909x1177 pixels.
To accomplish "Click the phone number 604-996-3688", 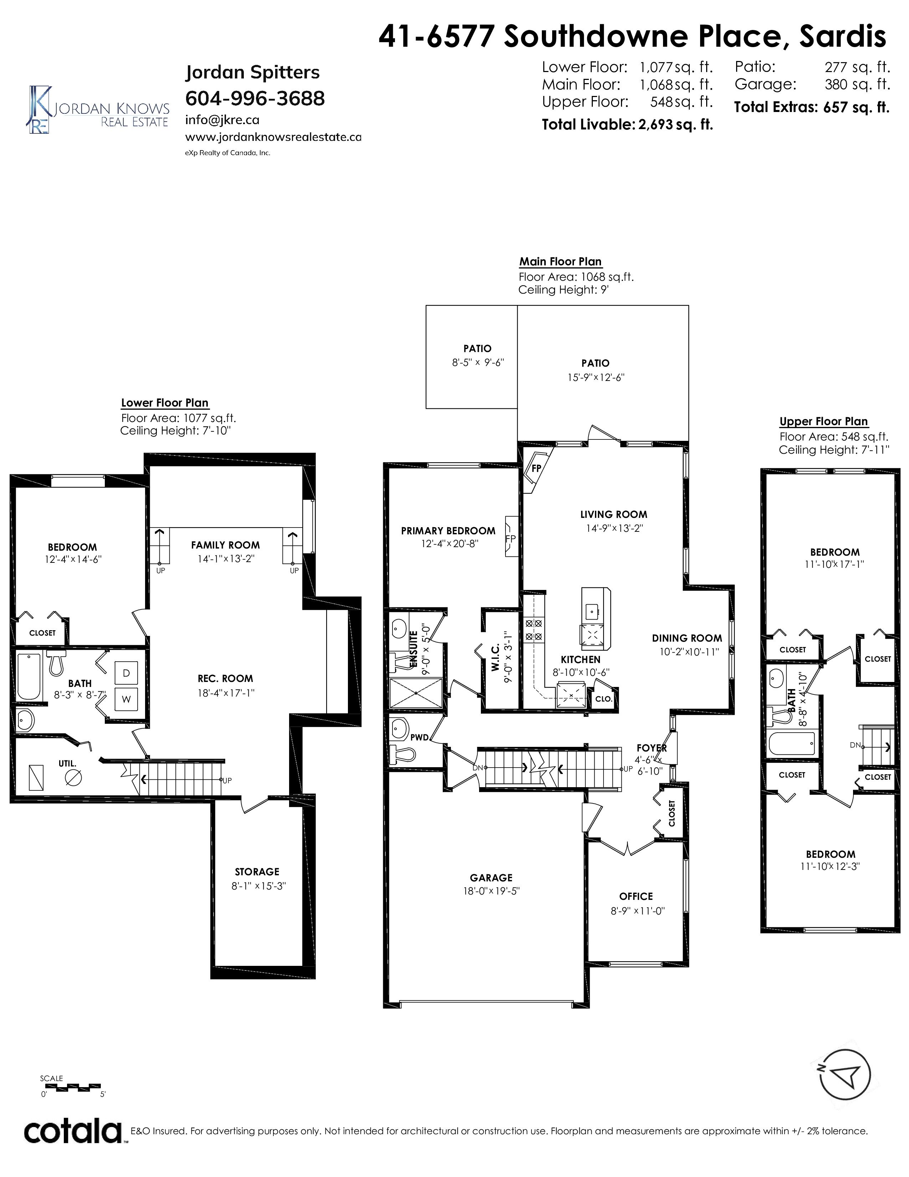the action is [255, 99].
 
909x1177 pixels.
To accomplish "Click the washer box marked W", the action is [126, 699].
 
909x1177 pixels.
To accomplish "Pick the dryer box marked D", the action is [126, 673].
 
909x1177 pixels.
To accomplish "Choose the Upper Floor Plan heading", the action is [823, 422].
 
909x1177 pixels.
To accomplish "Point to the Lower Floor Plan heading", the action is [165, 403].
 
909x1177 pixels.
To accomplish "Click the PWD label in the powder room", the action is [419, 737].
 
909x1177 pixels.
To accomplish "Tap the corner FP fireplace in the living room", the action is [536, 468].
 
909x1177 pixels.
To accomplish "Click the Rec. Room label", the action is [225, 678].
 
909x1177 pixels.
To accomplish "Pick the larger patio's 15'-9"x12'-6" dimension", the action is [596, 377].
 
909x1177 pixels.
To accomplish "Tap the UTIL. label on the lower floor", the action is [67, 764].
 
